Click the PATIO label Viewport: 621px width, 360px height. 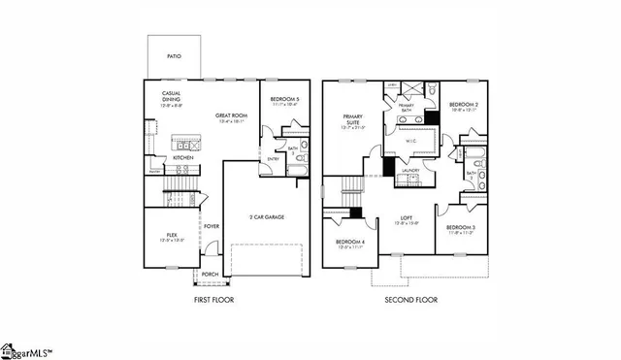click(174, 57)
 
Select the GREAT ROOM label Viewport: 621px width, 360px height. click(232, 116)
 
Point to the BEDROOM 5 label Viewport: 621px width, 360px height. click(283, 100)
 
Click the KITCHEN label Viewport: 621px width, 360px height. click(183, 156)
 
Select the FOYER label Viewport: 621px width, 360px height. click(211, 226)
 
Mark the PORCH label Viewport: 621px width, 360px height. click(210, 275)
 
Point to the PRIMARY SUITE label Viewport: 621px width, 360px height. click(352, 119)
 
